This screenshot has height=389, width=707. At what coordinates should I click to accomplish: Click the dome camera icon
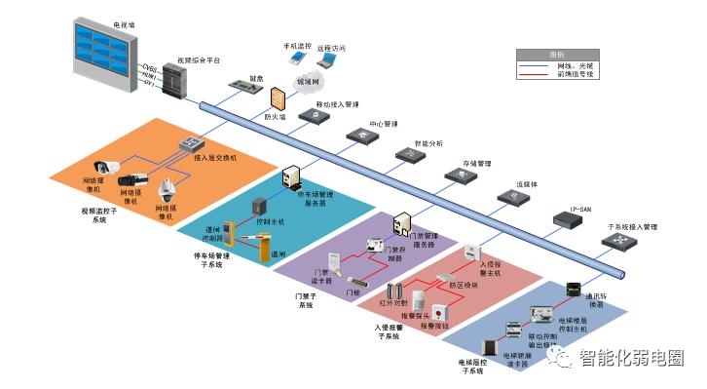point(167,186)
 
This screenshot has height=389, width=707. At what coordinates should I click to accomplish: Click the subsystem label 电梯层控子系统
point(471,367)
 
